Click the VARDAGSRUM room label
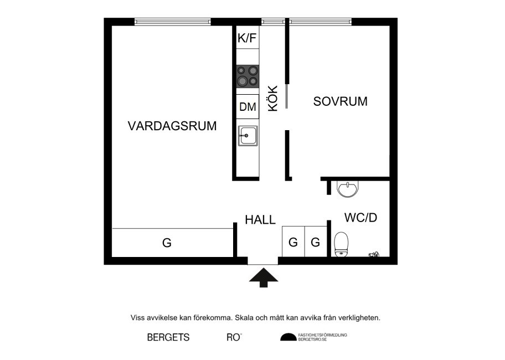172,126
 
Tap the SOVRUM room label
341,102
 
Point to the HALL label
260,220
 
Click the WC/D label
360,218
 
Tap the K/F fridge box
248,38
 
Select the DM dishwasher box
248,107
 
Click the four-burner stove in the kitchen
248,76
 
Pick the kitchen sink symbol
248,135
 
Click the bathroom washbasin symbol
348,189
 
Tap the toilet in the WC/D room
341,245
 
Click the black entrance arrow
263,276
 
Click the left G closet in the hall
293,242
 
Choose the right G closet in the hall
315,242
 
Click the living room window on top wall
172,22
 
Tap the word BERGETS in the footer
168,337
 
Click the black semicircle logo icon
288,337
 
